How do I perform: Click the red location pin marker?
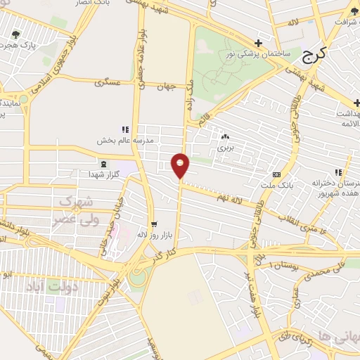tap(181, 166)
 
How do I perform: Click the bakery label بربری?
tap(224, 148)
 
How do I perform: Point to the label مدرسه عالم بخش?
tap(120, 140)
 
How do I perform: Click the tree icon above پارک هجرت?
tap(15, 33)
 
